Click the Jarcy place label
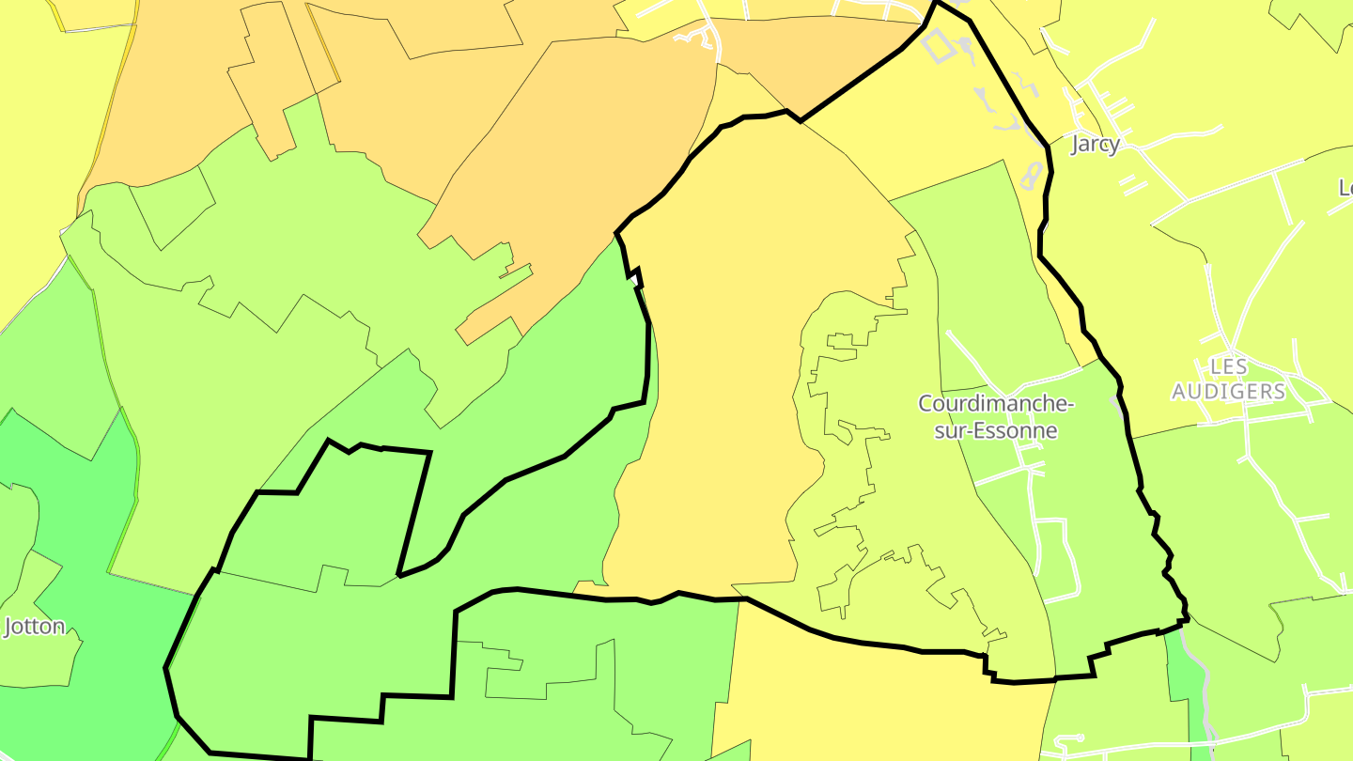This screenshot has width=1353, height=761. click(1096, 145)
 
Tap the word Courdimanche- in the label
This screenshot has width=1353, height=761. click(995, 405)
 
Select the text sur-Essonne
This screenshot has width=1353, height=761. click(995, 431)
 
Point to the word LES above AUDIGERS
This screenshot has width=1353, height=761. click(1228, 366)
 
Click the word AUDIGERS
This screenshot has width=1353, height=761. click(1228, 392)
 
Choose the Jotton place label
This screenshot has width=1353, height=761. click(35, 627)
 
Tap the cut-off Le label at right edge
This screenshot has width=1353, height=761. click(1345, 188)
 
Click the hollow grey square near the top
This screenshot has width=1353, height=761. click(936, 44)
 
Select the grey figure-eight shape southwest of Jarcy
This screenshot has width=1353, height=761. click(1032, 176)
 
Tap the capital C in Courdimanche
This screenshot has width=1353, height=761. click(925, 405)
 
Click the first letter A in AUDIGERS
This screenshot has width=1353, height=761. click(1179, 392)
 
